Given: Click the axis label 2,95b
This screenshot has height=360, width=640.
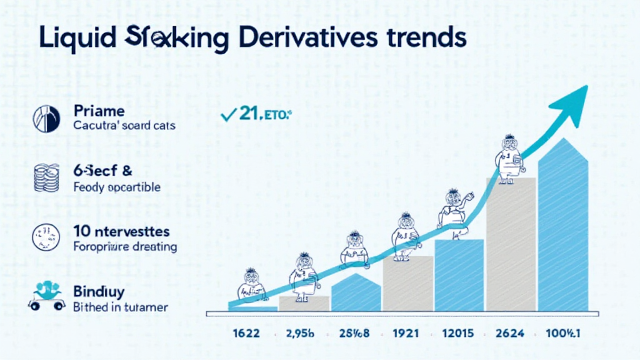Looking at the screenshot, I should (299, 333).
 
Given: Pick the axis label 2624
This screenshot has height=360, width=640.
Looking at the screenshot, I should (511, 333).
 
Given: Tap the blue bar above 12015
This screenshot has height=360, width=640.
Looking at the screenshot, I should (459, 275).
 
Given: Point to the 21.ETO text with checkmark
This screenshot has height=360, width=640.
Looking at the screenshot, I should (256, 114).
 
